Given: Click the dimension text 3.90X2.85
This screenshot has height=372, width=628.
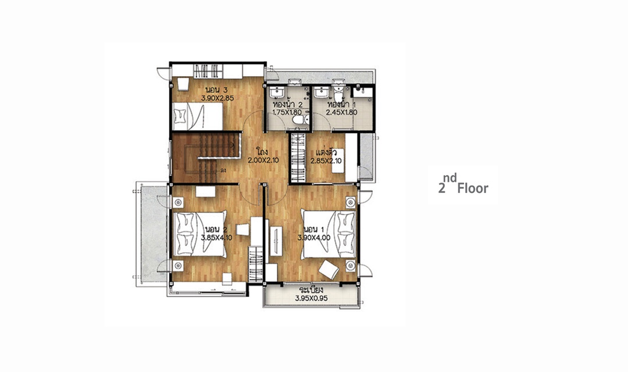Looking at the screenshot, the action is pyautogui.click(x=217, y=97).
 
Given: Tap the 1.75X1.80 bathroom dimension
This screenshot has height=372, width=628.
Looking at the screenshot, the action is pyautogui.click(x=287, y=113).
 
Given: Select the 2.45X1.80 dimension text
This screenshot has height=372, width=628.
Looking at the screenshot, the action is pyautogui.click(x=342, y=113).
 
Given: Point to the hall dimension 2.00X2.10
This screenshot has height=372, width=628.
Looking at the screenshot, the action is pyautogui.click(x=263, y=160).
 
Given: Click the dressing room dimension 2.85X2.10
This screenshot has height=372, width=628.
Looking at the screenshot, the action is pyautogui.click(x=326, y=161).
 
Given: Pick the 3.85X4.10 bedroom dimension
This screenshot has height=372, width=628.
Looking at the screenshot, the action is pyautogui.click(x=217, y=238).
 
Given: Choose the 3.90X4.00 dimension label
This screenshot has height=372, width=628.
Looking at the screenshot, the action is pyautogui.click(x=313, y=238).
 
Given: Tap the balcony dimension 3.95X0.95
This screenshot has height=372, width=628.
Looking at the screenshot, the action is pyautogui.click(x=311, y=298).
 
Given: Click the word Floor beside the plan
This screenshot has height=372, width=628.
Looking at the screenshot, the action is pyautogui.click(x=473, y=188).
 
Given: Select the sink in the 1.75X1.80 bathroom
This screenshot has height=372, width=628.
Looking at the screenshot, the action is pyautogui.click(x=277, y=94).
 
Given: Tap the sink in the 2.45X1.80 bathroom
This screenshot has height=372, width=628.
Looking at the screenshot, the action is pyautogui.click(x=322, y=94).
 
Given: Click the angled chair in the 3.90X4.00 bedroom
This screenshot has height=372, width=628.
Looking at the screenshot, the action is pyautogui.click(x=329, y=270).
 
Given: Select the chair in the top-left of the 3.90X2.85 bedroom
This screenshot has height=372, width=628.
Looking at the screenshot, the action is pyautogui.click(x=183, y=84).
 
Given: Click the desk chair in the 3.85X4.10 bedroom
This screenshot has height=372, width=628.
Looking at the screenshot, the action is pyautogui.click(x=242, y=230).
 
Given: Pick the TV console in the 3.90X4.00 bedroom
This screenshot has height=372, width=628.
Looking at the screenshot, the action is pyautogui.click(x=276, y=241).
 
